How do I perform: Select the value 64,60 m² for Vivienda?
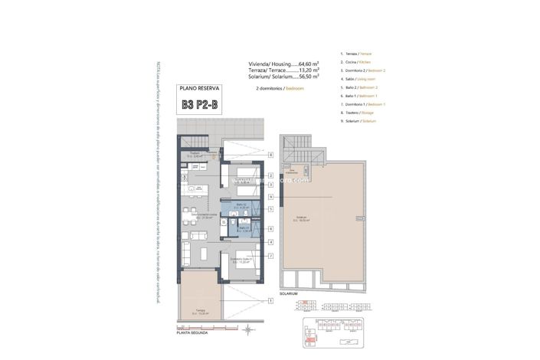pyautogui.click(x=328, y=64)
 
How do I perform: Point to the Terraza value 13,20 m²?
pyautogui.click(x=328, y=70)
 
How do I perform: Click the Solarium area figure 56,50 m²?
pyautogui.click(x=328, y=77)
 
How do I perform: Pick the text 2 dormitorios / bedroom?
pyautogui.click(x=280, y=89)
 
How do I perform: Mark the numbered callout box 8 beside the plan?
pyautogui.click(x=271, y=155)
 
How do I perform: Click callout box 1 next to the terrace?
pyautogui.click(x=271, y=301)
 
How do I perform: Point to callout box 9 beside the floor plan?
pyautogui.click(x=271, y=196)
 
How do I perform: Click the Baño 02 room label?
pyautogui.click(x=241, y=205)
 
